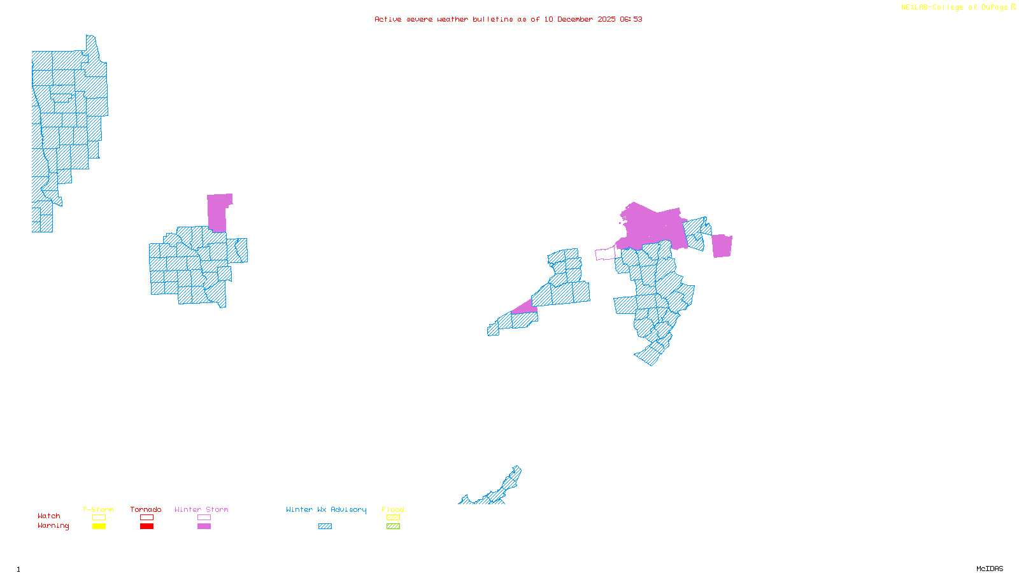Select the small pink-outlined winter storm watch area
point(605,254)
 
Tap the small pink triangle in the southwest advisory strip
point(525,309)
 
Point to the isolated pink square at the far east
point(722,246)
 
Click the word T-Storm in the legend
point(98,509)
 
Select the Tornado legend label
point(146,509)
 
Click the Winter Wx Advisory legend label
point(326,509)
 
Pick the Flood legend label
point(393,509)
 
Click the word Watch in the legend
point(49,516)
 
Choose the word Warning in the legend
point(53,526)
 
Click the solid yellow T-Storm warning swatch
point(99,527)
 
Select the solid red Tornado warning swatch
point(147,527)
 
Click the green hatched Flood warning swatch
point(394,527)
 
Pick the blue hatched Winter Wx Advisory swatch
point(325,527)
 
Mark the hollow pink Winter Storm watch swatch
point(204,518)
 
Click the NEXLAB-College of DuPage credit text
point(955,8)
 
